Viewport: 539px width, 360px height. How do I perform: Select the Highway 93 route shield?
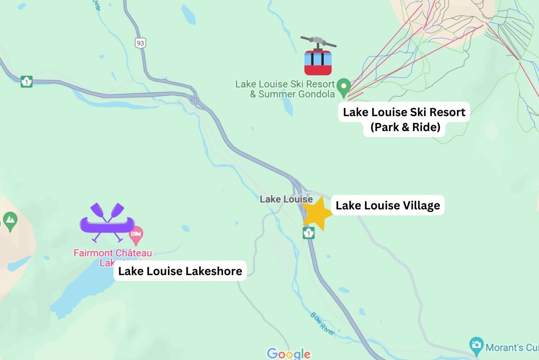coord(140,43)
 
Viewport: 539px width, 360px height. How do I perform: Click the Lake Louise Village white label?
coord(387,205)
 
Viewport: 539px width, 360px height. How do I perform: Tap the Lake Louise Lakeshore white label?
coord(180,271)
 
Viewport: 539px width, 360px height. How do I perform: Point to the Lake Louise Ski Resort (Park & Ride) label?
coord(404,119)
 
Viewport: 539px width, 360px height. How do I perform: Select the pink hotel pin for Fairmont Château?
coord(136,235)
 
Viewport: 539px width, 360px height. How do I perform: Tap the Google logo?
coord(288,353)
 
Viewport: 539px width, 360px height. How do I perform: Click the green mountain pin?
coord(10,221)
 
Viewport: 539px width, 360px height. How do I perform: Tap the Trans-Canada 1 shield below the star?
coord(308,233)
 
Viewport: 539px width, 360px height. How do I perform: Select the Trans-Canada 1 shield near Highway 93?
coord(26,82)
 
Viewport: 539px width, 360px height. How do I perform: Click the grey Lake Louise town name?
coord(286,199)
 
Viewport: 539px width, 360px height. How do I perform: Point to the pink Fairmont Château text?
coord(113,253)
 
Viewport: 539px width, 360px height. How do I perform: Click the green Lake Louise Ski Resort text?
coord(285,84)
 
